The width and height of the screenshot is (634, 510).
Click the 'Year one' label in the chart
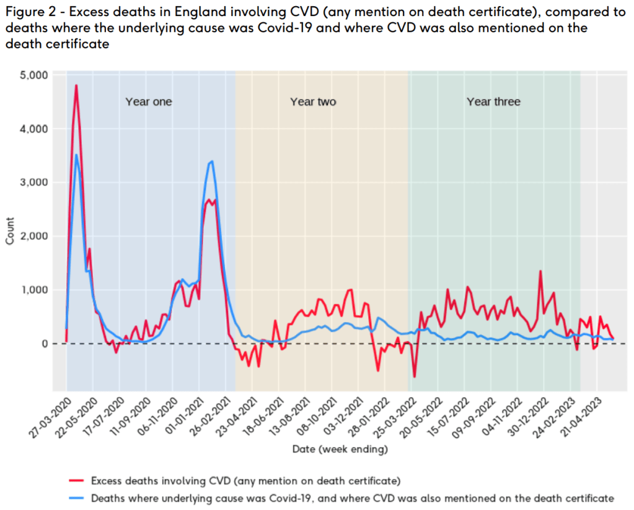tap(149, 102)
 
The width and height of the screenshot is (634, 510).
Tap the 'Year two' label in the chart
tap(313, 102)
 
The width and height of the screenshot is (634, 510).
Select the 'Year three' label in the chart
tap(493, 102)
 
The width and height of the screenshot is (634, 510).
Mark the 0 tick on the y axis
tap(45, 344)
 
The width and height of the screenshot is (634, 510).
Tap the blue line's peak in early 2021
tap(212, 161)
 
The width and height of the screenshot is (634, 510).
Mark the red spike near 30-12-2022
tap(540, 271)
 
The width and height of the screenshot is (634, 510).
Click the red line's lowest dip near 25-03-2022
tap(414, 377)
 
